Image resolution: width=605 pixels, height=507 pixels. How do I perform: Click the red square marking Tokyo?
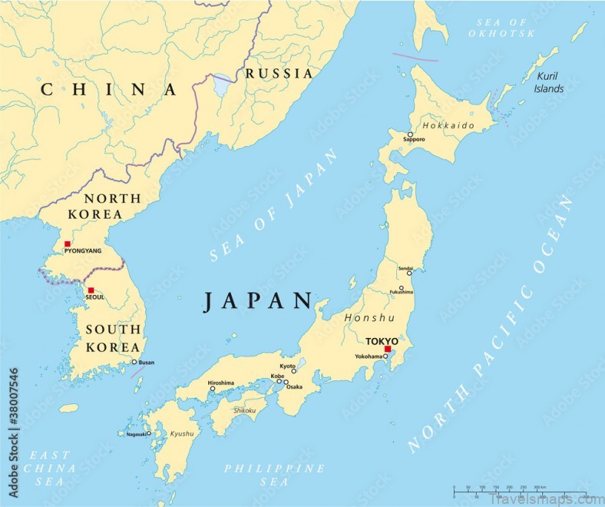pyautogui.click(x=388, y=350)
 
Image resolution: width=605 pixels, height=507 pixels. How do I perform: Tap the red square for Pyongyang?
pyautogui.click(x=68, y=244)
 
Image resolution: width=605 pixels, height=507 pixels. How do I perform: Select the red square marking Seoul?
pyautogui.click(x=91, y=290)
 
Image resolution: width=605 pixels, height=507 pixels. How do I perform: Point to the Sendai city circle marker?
pyautogui.click(x=409, y=273)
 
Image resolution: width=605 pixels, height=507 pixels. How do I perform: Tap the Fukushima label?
pyautogui.click(x=401, y=293)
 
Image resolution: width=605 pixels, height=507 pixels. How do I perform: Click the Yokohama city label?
pyautogui.click(x=369, y=356)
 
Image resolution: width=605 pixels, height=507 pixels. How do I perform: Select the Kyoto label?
pyautogui.click(x=287, y=366)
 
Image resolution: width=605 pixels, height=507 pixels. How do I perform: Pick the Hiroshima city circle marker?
pyautogui.click(x=213, y=389)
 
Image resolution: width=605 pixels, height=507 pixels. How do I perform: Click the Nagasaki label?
pyautogui.click(x=131, y=434)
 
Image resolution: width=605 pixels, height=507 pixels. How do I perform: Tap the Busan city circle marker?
pyautogui.click(x=134, y=363)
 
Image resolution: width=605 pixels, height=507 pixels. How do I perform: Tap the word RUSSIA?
pyautogui.click(x=279, y=74)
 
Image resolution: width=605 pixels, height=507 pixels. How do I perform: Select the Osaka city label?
pyautogui.click(x=294, y=386)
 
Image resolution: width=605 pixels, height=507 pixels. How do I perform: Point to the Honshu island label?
pyautogui.click(x=369, y=318)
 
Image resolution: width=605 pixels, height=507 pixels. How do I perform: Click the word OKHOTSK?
pyautogui.click(x=503, y=34)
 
